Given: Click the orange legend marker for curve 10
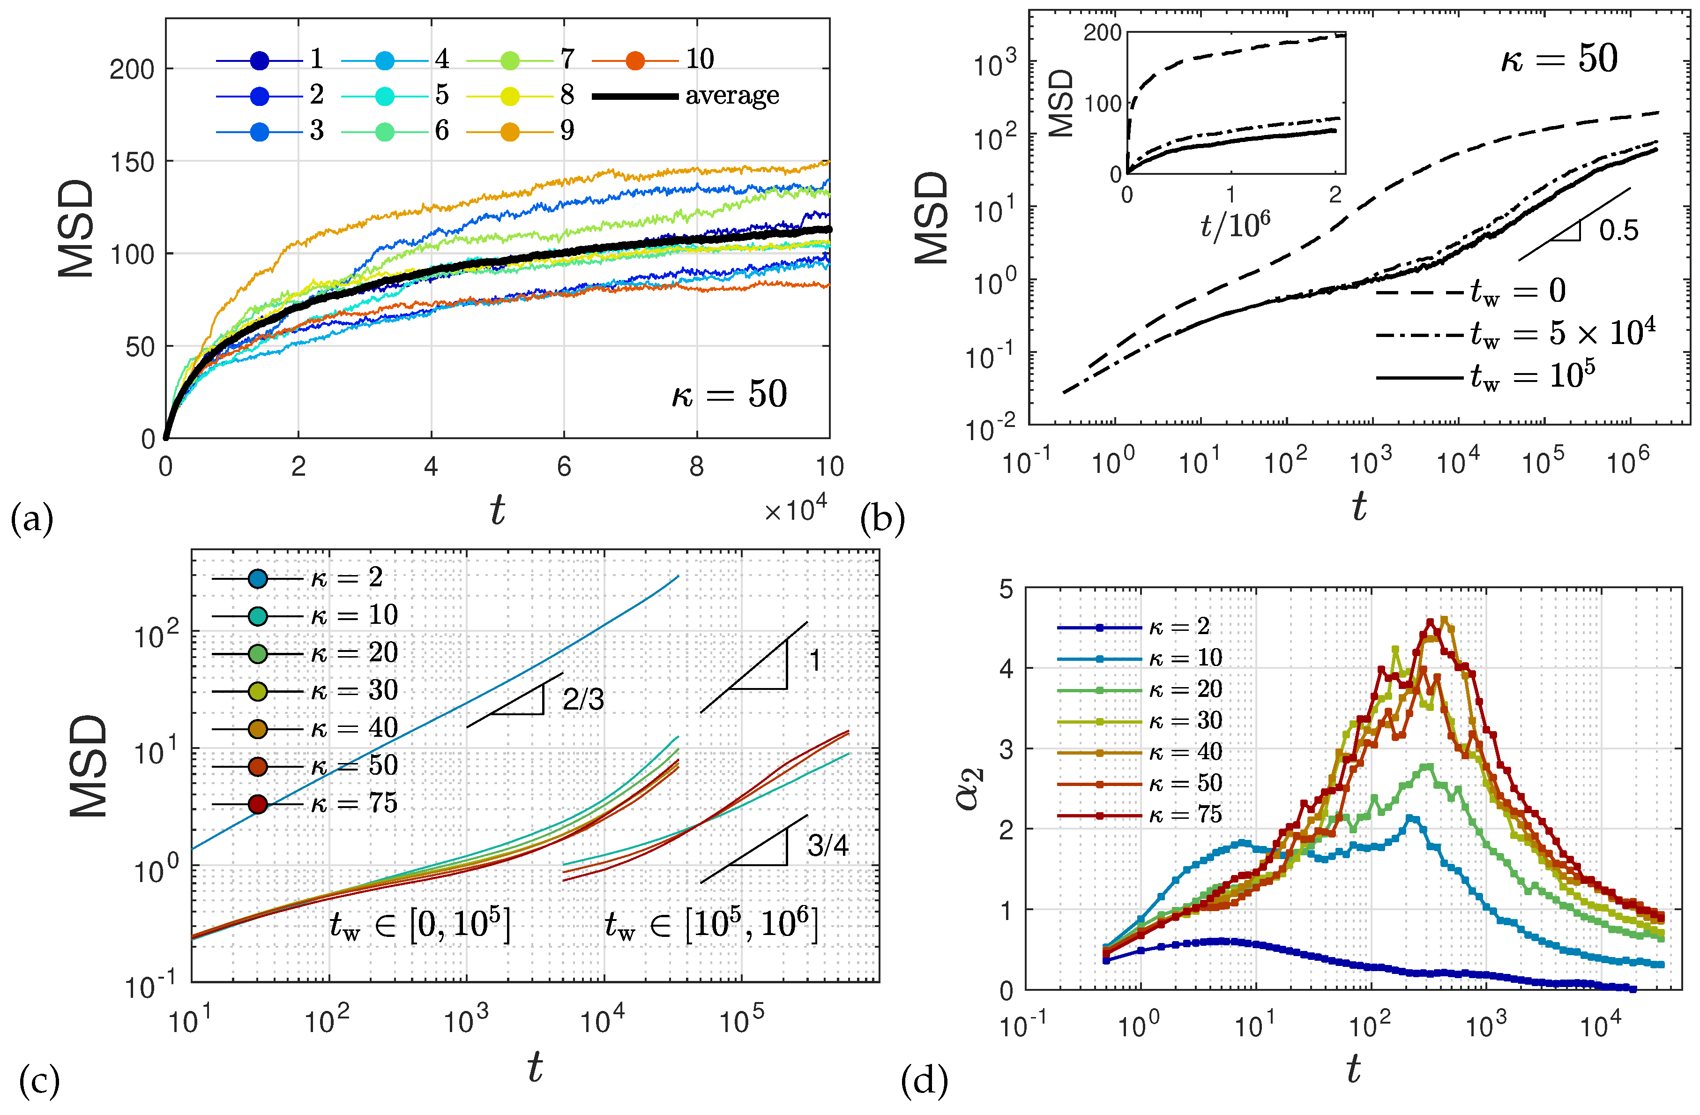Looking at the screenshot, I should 635,61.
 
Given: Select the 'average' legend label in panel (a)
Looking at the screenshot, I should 731,96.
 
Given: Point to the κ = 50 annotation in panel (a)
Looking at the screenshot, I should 729,394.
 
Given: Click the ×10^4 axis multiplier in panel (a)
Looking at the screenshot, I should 795,509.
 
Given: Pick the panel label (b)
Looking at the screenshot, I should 882,519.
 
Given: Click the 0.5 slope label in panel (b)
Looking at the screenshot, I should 1618,230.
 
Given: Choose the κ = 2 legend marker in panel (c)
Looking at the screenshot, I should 258,578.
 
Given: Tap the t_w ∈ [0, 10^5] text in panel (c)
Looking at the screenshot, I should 420,925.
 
